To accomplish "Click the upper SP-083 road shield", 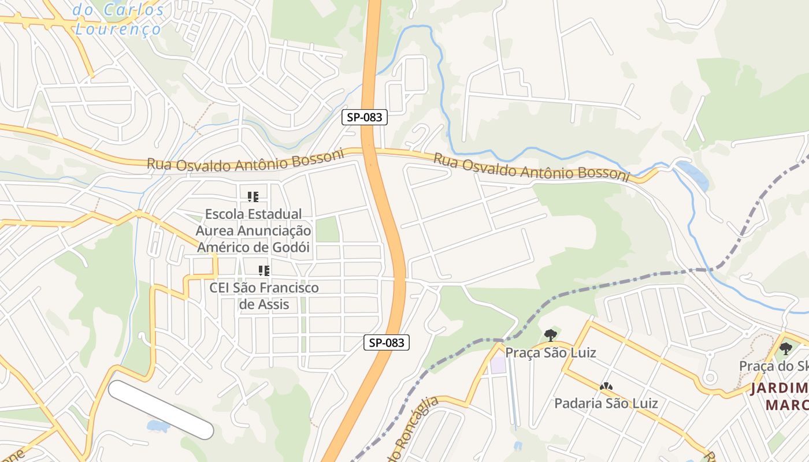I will click(364, 117).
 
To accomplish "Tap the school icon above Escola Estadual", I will click(253, 197).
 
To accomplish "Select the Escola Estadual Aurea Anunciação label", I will click(253, 230).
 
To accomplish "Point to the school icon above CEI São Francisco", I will click(265, 271).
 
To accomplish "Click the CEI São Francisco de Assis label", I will click(264, 296).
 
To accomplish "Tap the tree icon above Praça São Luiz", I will click(550, 335).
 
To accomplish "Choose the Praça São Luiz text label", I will click(550, 352).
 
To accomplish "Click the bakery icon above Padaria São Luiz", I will click(606, 386).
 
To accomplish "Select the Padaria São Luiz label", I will click(606, 403).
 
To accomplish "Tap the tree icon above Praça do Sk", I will click(785, 348).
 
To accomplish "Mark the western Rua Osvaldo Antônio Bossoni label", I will click(245, 160).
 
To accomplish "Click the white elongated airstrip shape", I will click(161, 409).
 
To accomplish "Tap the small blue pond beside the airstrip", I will click(158, 426).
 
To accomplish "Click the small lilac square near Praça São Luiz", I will click(497, 365).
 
